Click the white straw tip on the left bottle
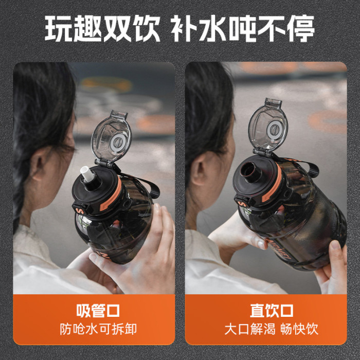(x=87, y=174)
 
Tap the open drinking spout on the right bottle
(x=250, y=171)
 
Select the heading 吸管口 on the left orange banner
(x=98, y=311)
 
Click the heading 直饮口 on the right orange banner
(x=272, y=311)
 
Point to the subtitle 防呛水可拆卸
(x=98, y=329)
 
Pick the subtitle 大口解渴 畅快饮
(x=272, y=329)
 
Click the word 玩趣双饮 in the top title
(x=102, y=29)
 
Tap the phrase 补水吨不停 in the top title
(x=243, y=29)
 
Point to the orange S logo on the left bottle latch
(x=80, y=210)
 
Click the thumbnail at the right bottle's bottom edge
(x=336, y=245)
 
